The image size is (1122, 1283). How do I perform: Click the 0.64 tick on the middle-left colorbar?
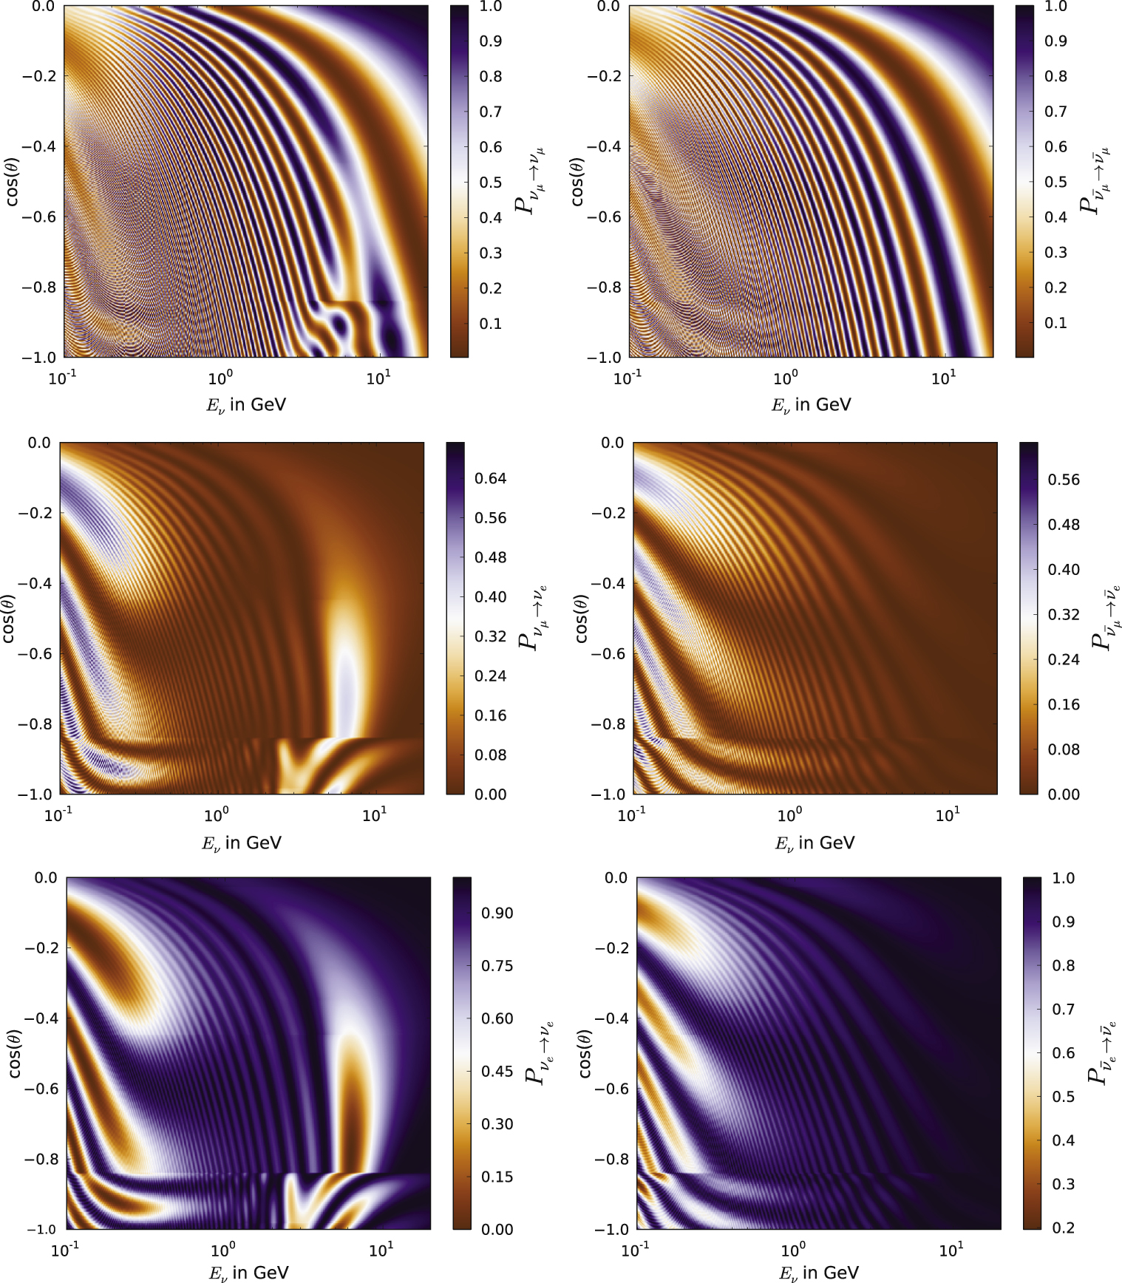[490, 478]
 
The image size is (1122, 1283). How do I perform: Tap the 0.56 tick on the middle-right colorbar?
[1064, 480]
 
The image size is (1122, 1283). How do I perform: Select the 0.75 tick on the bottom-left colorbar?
[497, 966]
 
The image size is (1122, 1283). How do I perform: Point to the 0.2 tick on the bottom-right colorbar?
[1063, 1228]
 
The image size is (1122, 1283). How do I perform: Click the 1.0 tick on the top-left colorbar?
[491, 7]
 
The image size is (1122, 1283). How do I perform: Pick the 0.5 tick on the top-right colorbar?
[1055, 182]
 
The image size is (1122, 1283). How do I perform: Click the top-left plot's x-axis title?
[245, 405]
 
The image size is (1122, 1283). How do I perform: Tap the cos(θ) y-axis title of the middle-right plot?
[581, 618]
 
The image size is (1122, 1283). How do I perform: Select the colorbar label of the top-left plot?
[530, 181]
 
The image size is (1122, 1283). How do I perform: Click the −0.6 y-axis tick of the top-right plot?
[605, 217]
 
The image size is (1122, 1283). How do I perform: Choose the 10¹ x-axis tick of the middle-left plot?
[375, 815]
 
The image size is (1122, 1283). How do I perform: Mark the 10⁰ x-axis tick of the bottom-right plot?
[793, 1250]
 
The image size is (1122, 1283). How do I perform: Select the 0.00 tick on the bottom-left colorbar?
[497, 1229]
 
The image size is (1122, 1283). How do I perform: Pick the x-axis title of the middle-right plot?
[815, 843]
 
